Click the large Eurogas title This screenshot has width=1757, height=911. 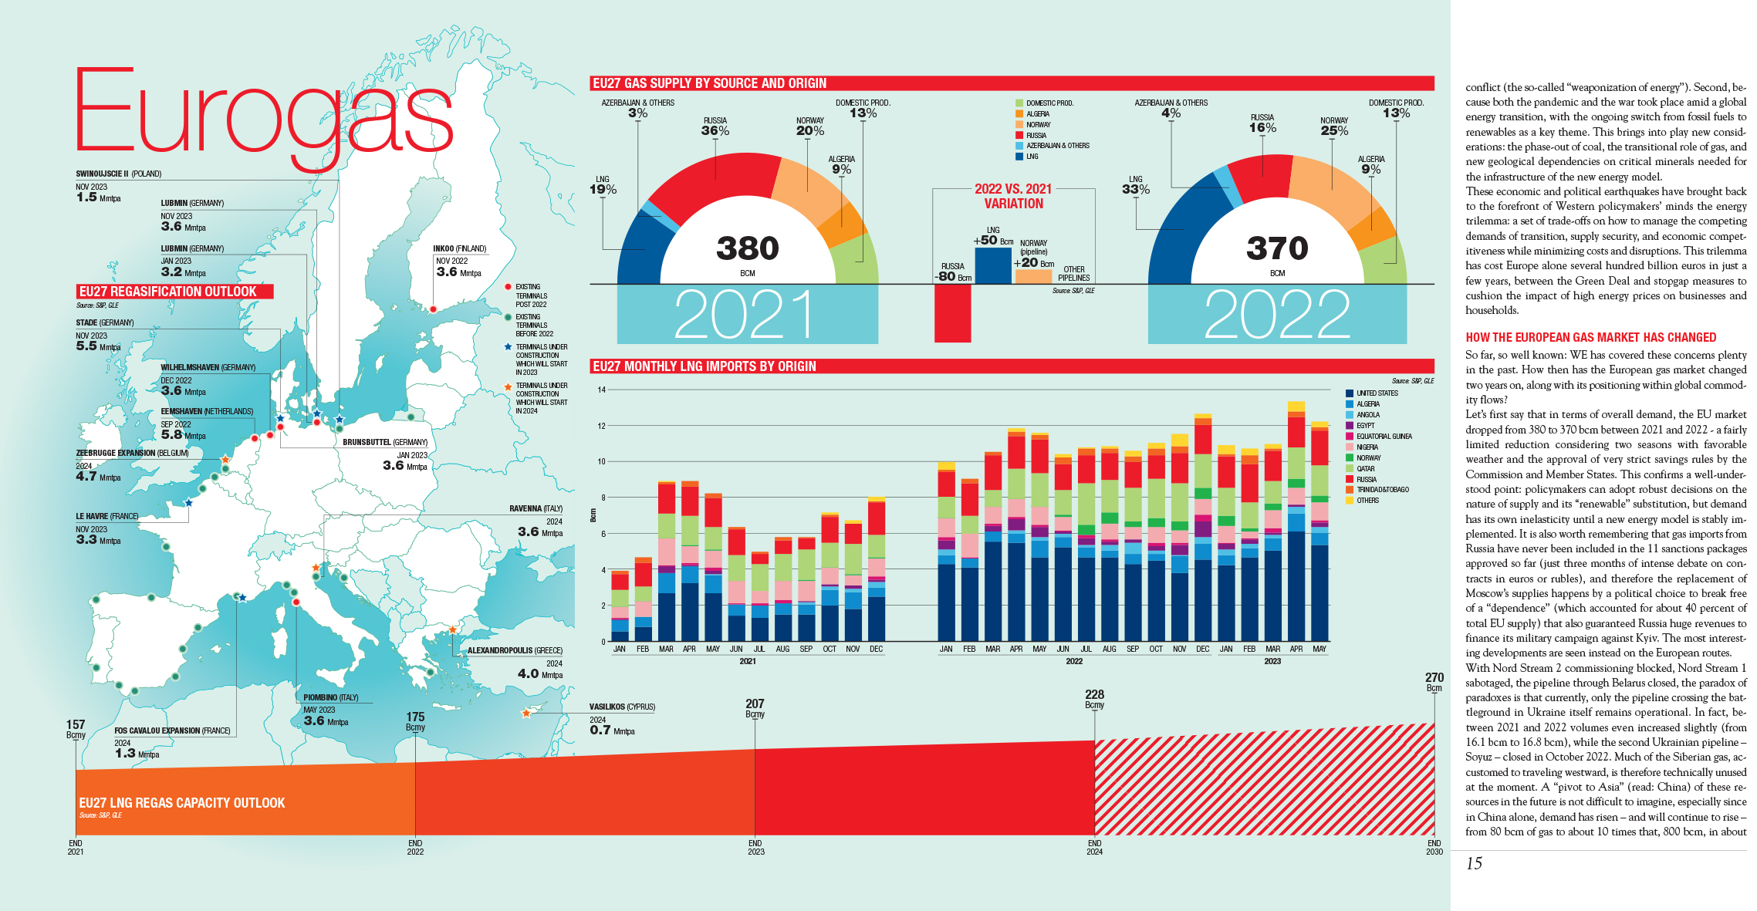[262, 112]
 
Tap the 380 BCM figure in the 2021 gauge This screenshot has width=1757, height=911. [747, 248]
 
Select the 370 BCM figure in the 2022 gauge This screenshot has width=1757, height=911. [1277, 248]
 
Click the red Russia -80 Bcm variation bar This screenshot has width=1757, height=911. [952, 312]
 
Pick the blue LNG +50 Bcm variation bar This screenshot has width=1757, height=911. [992, 265]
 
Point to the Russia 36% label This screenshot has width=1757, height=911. [715, 127]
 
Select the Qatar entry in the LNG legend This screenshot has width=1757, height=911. [1365, 468]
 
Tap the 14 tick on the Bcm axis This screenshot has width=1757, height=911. [601, 390]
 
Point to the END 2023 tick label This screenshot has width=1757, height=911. [755, 847]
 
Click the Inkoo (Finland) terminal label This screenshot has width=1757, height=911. [460, 248]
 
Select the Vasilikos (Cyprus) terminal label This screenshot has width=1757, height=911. [622, 707]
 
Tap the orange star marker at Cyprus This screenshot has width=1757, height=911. [526, 714]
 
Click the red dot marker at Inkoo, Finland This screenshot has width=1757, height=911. [433, 309]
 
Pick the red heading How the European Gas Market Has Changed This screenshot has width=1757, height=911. [1590, 337]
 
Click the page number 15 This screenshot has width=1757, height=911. [1474, 863]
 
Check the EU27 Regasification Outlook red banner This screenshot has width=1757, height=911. [174, 292]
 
